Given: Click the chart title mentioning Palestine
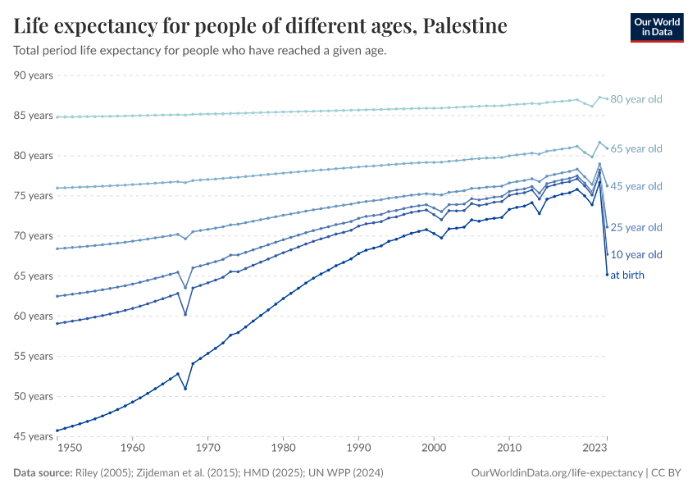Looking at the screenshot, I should tap(260, 25).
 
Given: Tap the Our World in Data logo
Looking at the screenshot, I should tap(656, 27).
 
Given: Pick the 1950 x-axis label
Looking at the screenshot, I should tap(70, 449).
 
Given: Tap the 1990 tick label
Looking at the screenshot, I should tap(358, 449).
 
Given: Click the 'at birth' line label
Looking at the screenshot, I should tap(627, 276).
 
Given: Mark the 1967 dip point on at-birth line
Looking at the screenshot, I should tap(185, 389).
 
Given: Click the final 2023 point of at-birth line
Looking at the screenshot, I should tap(607, 275).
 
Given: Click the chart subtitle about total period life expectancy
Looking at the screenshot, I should tap(200, 50).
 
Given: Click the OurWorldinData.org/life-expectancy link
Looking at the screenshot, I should tap(558, 473).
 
